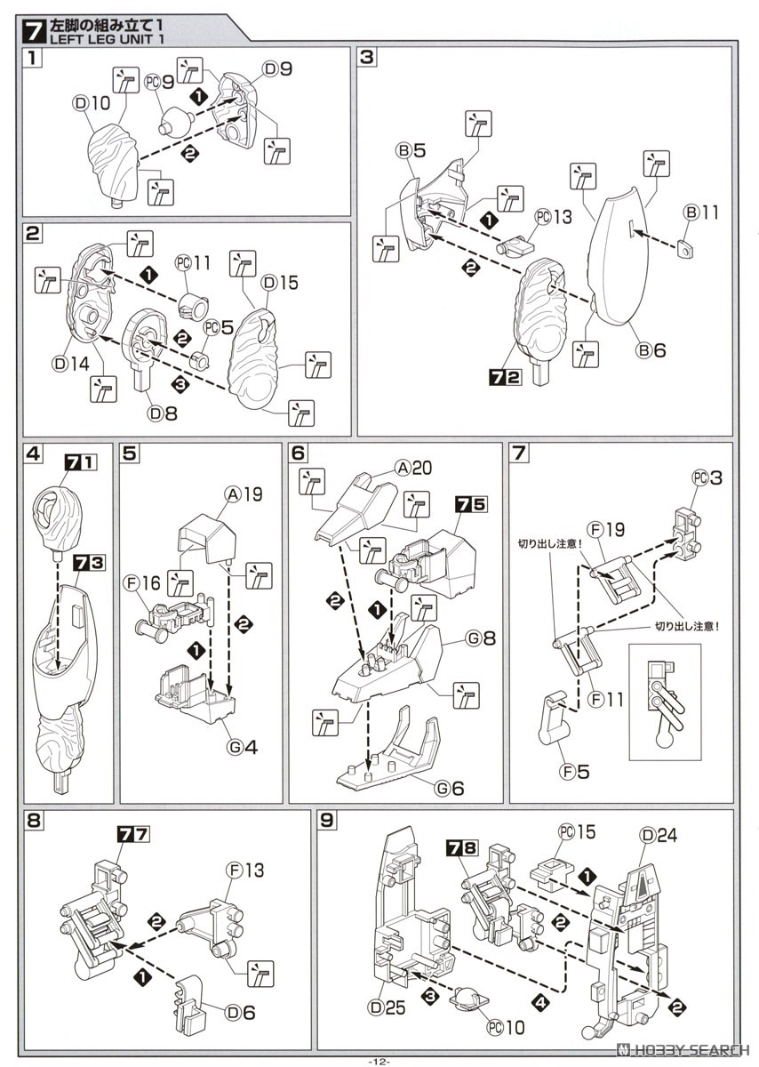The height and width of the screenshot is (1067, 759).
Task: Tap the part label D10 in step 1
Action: coord(92,103)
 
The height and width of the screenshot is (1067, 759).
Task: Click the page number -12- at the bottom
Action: coord(379,1060)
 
